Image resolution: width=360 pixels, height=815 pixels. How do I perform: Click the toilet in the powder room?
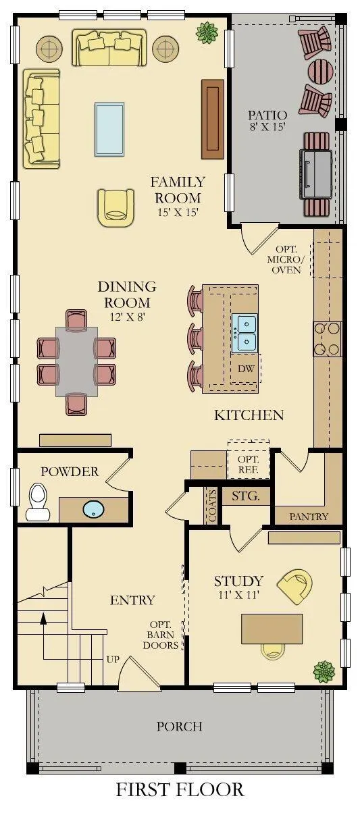[36, 501]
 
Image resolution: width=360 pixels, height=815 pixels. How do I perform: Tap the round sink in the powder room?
[94, 509]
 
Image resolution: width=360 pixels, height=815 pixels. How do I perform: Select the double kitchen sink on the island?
[245, 334]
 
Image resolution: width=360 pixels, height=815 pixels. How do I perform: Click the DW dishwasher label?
[246, 368]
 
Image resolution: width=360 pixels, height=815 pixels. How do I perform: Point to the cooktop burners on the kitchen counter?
[328, 339]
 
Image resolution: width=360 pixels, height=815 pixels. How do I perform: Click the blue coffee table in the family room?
[109, 129]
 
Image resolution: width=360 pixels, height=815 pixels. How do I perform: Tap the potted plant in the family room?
[207, 32]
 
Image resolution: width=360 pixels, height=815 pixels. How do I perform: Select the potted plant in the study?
[325, 671]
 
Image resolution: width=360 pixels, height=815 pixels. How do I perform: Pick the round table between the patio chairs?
[321, 72]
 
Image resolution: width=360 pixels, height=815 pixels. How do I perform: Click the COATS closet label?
[212, 505]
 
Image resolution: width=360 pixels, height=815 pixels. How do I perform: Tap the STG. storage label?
[246, 496]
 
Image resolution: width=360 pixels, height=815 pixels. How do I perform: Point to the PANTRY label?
[309, 517]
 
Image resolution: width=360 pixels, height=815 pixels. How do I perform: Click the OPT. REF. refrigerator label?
[249, 465]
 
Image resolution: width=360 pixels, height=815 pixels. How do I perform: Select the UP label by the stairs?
[113, 659]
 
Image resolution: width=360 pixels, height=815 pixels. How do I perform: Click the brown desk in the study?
[272, 629]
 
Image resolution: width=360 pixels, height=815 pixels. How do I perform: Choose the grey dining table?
[77, 362]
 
